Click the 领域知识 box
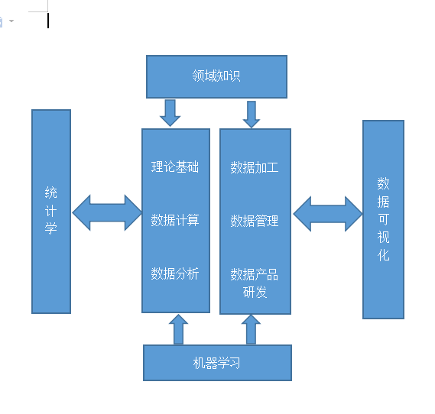click(216, 76)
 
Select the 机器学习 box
click(217, 363)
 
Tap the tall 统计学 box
click(51, 211)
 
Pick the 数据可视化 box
click(383, 219)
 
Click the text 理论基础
click(175, 167)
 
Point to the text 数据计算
click(175, 221)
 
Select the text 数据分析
click(175, 273)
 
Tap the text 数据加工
click(255, 167)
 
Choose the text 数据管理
click(255, 221)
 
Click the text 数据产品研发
click(255, 283)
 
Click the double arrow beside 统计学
click(106, 213)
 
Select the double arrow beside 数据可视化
click(328, 214)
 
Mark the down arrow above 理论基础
click(170, 112)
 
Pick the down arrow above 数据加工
click(252, 114)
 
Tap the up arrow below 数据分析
click(178, 329)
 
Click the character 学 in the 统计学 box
click(51, 228)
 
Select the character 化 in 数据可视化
click(383, 255)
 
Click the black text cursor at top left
click(48, 21)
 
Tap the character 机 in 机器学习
click(200, 363)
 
